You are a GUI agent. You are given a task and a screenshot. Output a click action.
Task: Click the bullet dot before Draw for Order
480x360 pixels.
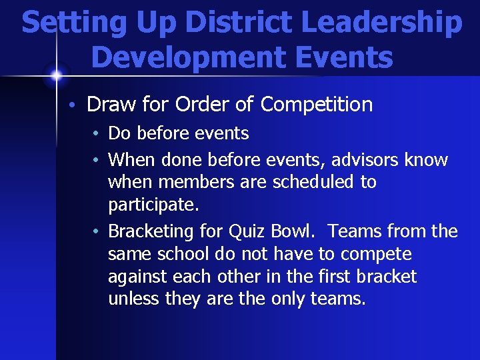[77, 105]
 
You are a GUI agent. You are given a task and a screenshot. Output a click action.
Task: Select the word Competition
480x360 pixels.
[317, 105]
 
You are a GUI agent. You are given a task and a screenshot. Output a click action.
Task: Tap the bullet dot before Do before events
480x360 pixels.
[97, 134]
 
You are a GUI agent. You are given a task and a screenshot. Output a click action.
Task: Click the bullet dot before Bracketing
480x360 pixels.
[97, 232]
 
